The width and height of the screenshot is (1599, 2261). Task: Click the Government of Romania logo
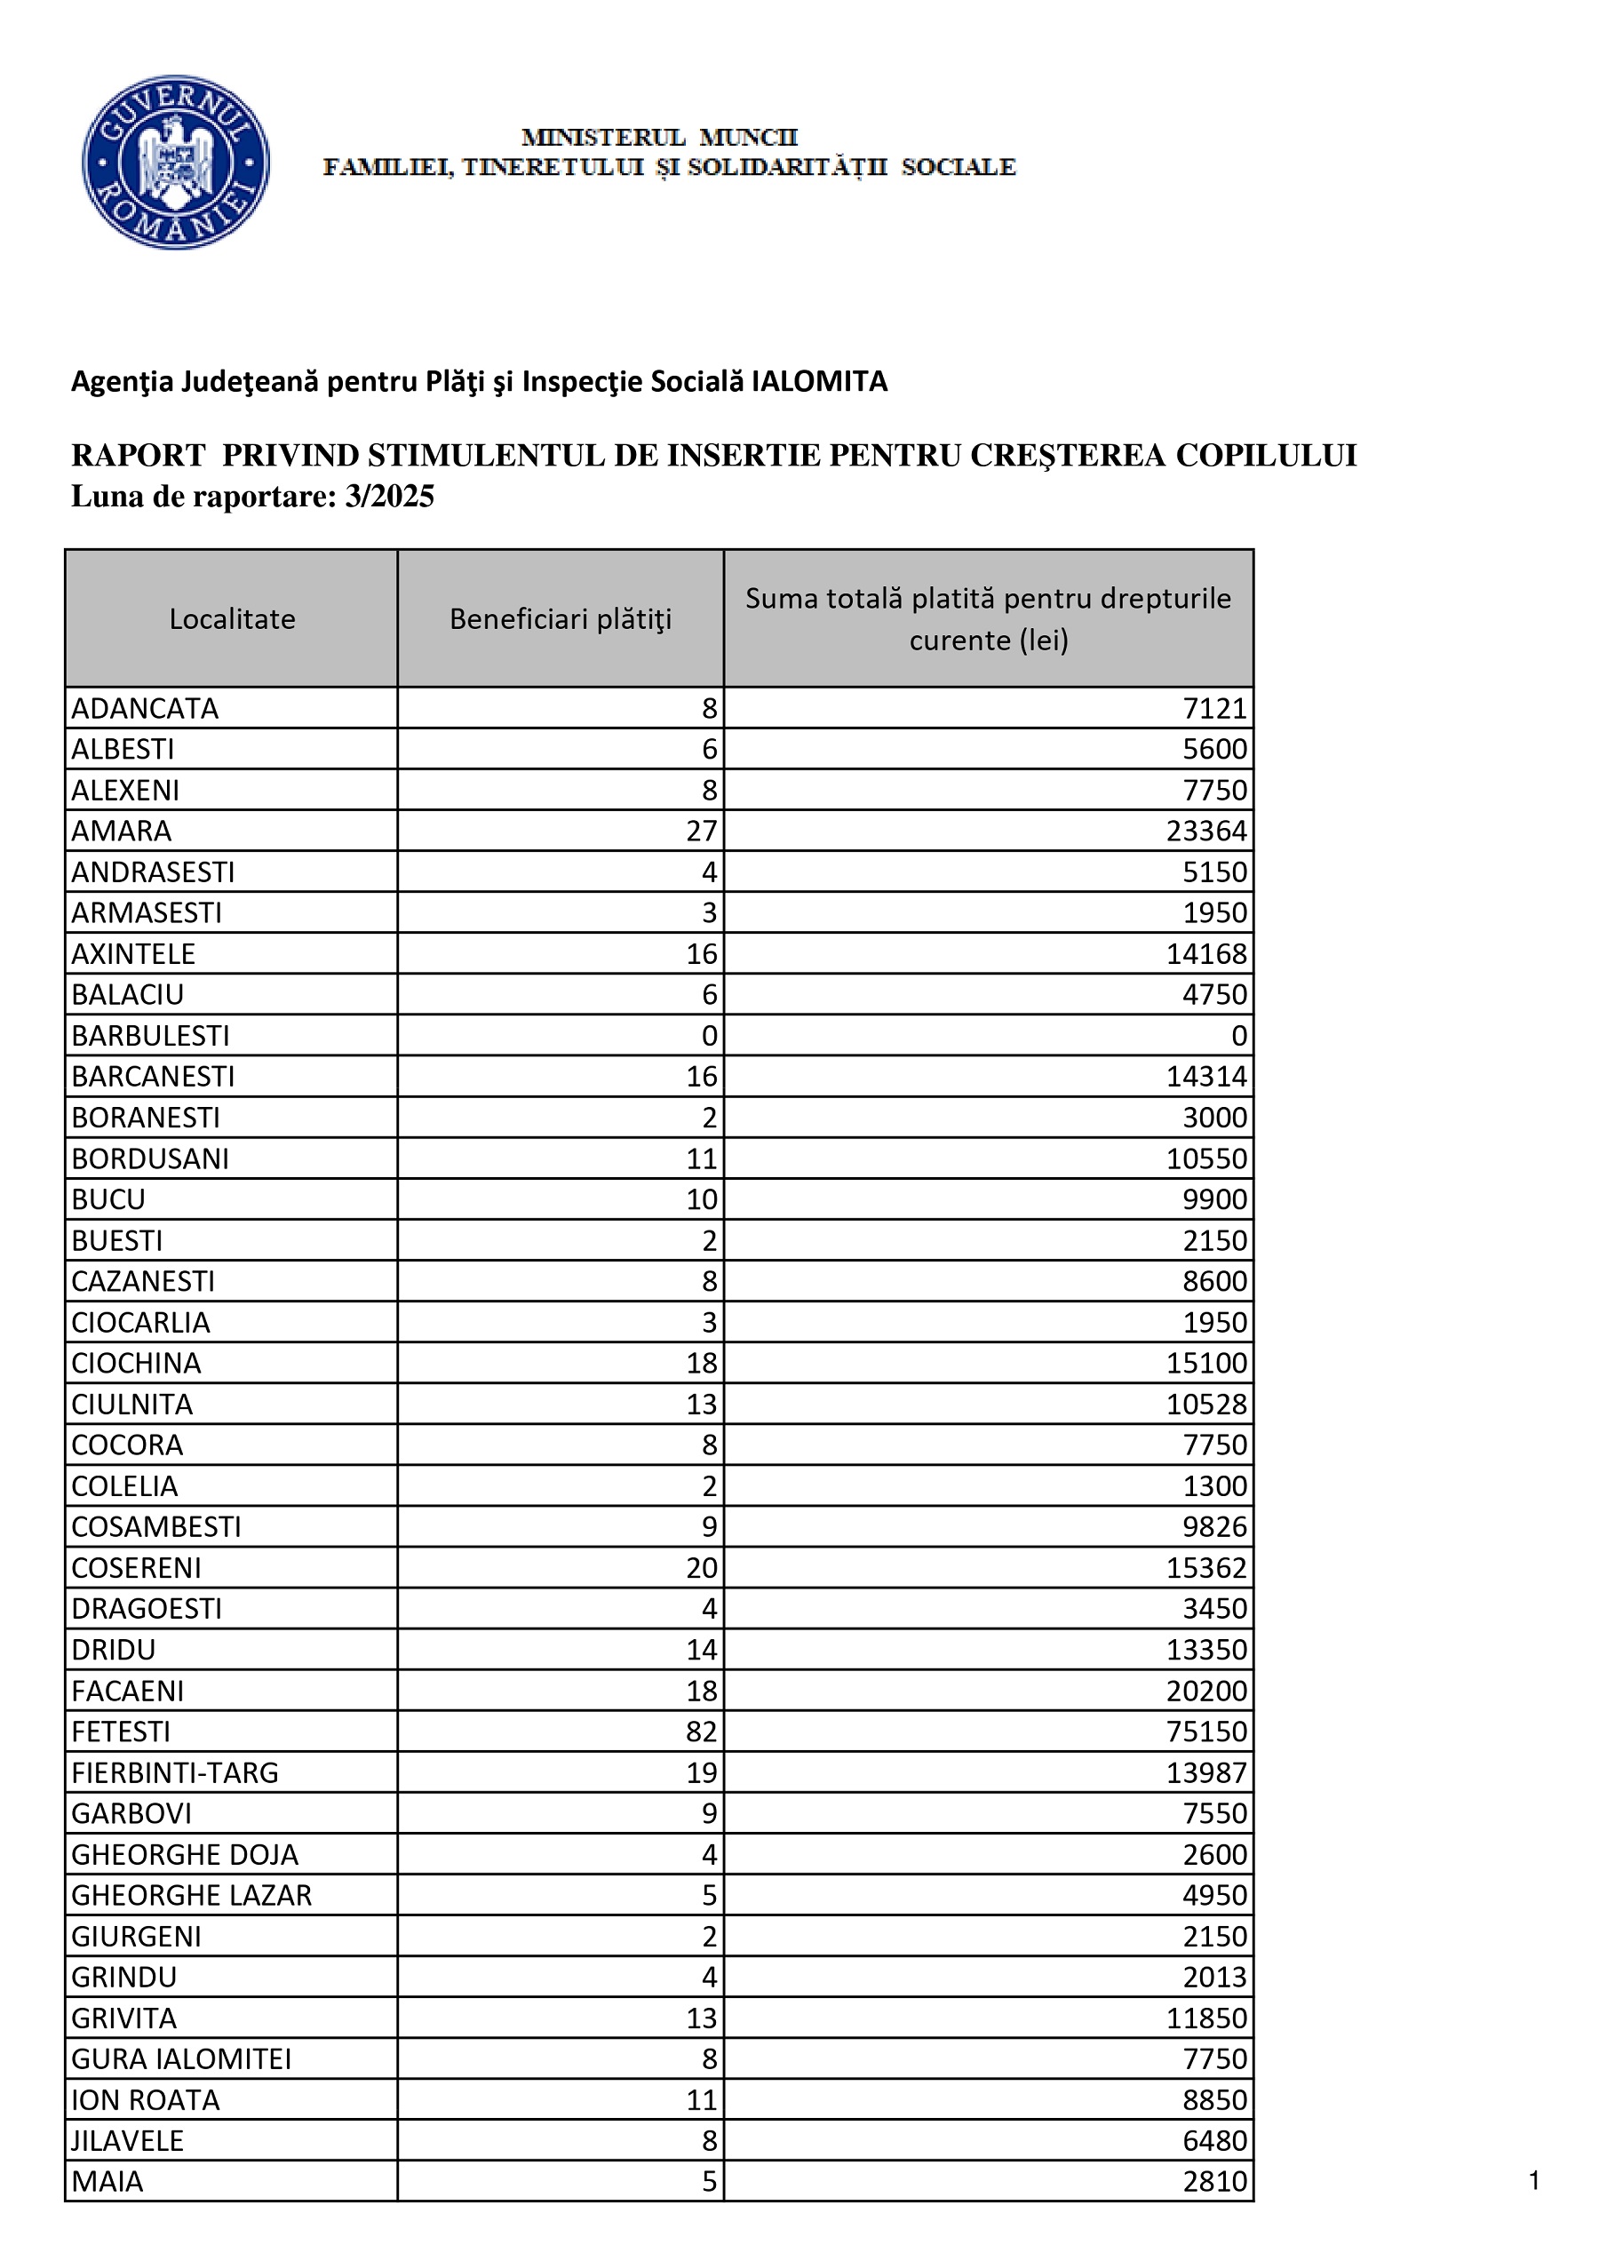(175, 162)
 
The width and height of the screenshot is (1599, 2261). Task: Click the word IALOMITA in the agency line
(819, 381)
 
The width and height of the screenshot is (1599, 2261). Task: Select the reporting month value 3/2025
(389, 497)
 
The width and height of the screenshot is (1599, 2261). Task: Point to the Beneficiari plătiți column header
(561, 618)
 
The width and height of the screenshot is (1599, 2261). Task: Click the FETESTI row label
(121, 1732)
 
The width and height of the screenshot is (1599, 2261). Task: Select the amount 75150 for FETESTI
(1206, 1732)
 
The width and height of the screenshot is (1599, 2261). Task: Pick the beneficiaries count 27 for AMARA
(701, 832)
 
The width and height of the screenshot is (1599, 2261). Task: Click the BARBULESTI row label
(151, 1036)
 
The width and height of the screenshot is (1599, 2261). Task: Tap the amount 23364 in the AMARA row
(1206, 832)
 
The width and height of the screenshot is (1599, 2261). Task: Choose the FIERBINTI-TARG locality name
(175, 1772)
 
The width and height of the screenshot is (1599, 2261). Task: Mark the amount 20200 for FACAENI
(1206, 1691)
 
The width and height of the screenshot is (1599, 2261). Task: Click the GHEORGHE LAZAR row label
(192, 1895)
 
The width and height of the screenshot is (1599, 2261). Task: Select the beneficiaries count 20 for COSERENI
(701, 1568)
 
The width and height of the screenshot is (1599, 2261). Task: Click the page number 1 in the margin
(1534, 2180)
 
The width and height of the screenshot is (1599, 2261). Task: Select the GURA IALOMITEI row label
(182, 2058)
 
